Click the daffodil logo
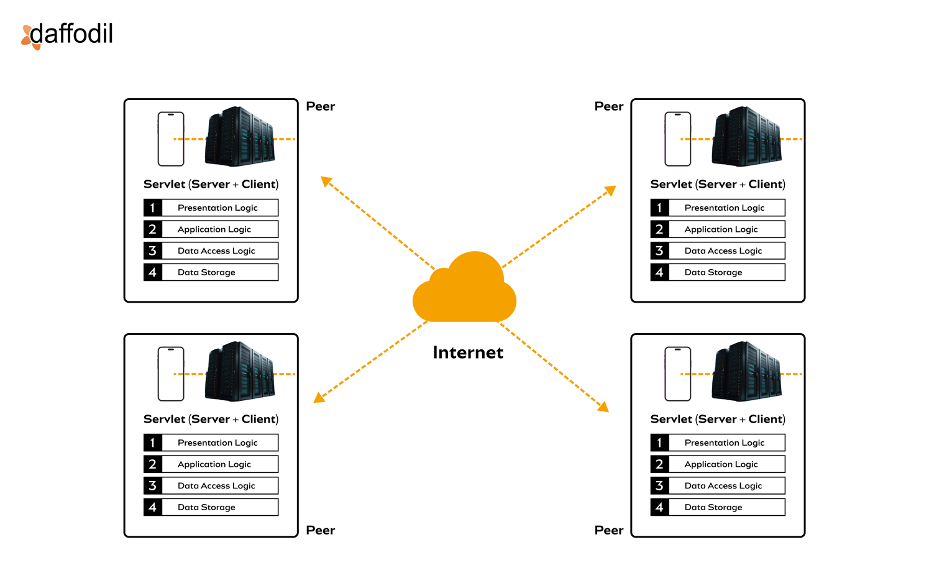coord(67,35)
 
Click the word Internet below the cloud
coord(468,352)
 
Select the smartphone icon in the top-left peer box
coord(171,139)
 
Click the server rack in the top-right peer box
coord(746,137)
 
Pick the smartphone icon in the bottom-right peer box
coord(677,374)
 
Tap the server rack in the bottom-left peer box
coord(240,372)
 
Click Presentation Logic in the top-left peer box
coord(217,208)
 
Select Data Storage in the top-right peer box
coord(713,272)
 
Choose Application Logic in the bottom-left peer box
coord(214,464)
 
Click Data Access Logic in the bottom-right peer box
coord(723,486)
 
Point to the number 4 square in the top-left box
coord(153,272)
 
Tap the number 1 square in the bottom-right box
coord(659,442)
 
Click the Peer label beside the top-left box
coord(321,106)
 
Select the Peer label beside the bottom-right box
coord(609,530)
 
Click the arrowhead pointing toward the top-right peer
coord(611,190)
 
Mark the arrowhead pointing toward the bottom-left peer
coord(319,398)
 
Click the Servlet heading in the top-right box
coord(718,184)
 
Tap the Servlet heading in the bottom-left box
coord(211,419)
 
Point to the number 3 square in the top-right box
coord(659,251)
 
